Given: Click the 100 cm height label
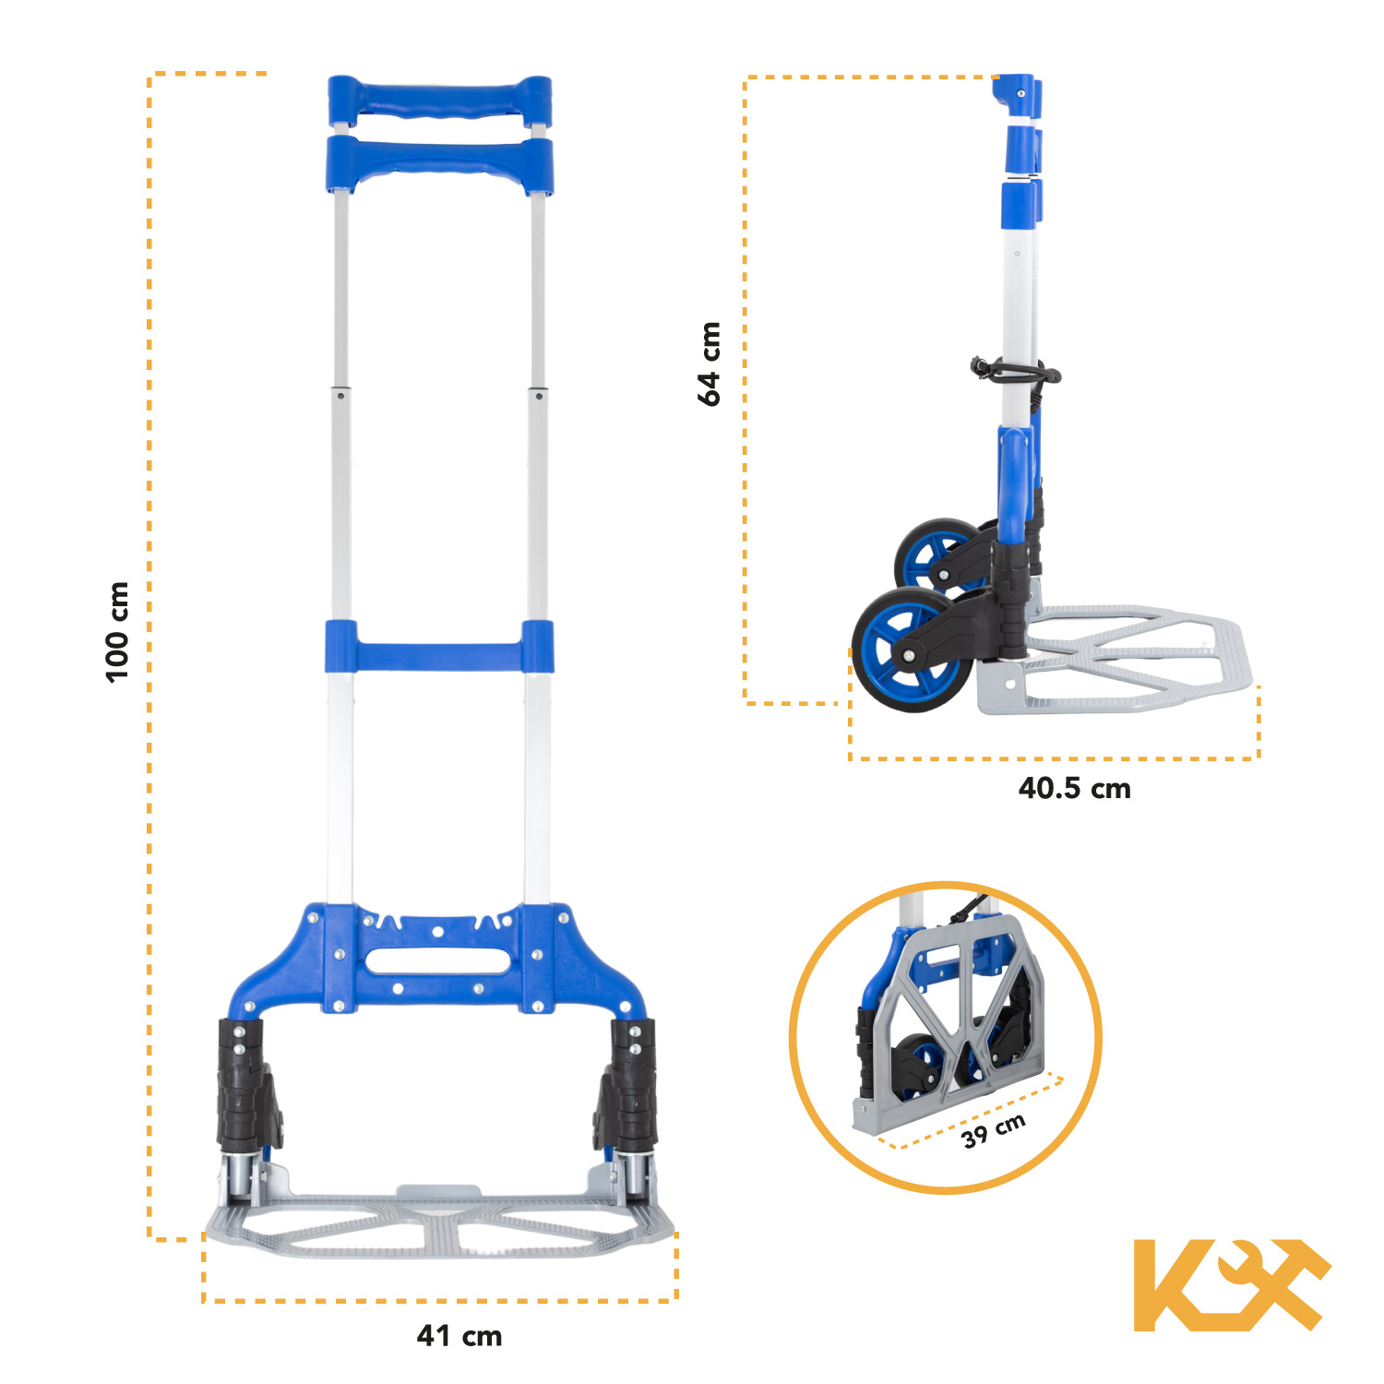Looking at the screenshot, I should pyautogui.click(x=117, y=632).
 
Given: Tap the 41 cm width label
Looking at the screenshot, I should pyautogui.click(x=459, y=1335).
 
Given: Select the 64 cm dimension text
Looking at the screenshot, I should pyautogui.click(x=709, y=364).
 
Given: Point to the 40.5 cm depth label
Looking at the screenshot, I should pyautogui.click(x=1074, y=789).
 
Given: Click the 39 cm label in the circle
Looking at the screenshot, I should pyautogui.click(x=994, y=1130).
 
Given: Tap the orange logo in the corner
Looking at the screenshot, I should pyautogui.click(x=1231, y=1284).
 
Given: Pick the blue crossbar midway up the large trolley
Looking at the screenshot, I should pyautogui.click(x=439, y=647).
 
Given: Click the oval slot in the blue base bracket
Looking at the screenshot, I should pyautogui.click(x=437, y=960).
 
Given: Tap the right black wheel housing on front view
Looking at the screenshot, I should pyautogui.click(x=629, y=1085).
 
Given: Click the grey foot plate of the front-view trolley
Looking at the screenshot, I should pyautogui.click(x=440, y=1227).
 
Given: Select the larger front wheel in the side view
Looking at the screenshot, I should pyautogui.click(x=908, y=651).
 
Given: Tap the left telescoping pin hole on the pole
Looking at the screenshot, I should pyautogui.click(x=341, y=396).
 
